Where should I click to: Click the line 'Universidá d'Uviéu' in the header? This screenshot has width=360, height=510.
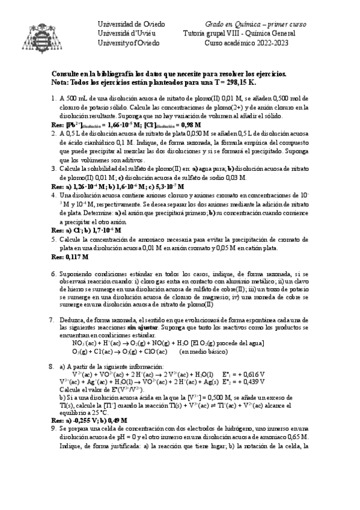pos(126,34)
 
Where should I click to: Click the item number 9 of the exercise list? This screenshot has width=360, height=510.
pos(55,428)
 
